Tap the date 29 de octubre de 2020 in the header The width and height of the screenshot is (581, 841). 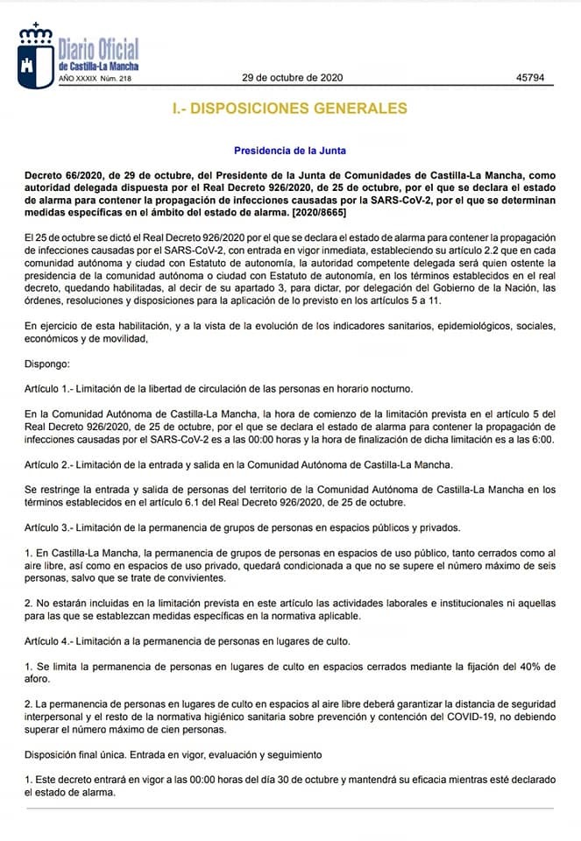(292, 77)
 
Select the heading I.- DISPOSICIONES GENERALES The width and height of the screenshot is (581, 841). (290, 109)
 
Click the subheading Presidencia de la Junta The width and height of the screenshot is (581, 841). (290, 151)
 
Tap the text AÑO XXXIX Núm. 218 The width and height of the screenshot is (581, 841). (95, 79)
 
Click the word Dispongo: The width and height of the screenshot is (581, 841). (46, 364)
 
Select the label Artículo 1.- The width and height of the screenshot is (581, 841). (52, 388)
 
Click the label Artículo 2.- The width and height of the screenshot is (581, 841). (52, 464)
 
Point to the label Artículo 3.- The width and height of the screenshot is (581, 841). (52, 527)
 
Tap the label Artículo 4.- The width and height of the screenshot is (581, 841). (52, 641)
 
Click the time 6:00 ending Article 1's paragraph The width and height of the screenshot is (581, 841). (542, 439)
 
